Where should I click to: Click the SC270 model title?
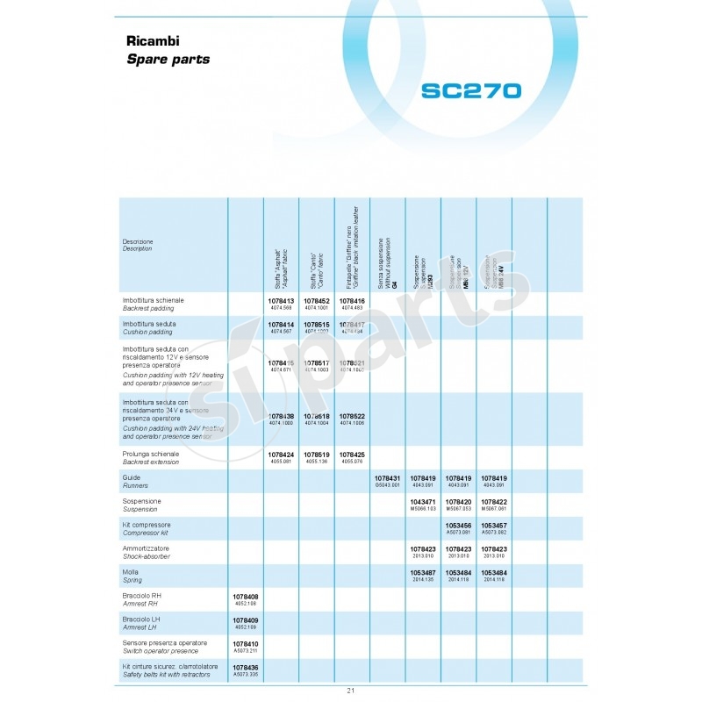(470, 91)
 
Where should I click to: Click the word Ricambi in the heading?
(154, 42)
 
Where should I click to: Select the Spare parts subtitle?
(168, 60)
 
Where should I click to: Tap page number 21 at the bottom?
(351, 691)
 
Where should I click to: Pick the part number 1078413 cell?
(281, 301)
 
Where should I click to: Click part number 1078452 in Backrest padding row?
(316, 301)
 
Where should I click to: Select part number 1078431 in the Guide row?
(387, 478)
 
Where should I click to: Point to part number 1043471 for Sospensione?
(423, 502)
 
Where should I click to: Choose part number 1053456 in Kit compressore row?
(458, 526)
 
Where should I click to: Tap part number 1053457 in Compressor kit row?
(494, 526)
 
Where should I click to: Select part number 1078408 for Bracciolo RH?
(245, 597)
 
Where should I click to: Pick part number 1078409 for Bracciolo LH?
(245, 620)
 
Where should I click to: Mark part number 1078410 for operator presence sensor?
(245, 644)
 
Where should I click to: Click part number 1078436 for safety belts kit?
(245, 668)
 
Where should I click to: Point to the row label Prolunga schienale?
(151, 455)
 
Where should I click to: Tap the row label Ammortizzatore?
(147, 548)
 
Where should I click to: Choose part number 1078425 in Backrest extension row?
(352, 455)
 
